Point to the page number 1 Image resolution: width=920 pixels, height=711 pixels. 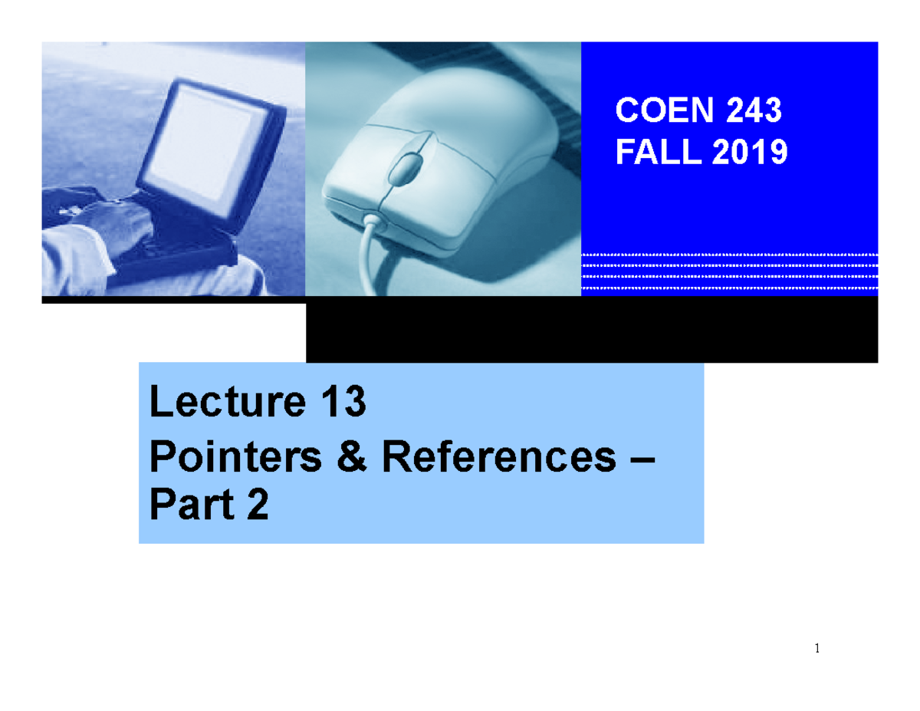[x=817, y=650]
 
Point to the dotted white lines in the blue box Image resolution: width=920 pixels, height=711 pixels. [x=728, y=272]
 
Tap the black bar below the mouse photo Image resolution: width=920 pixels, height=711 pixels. [x=590, y=331]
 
